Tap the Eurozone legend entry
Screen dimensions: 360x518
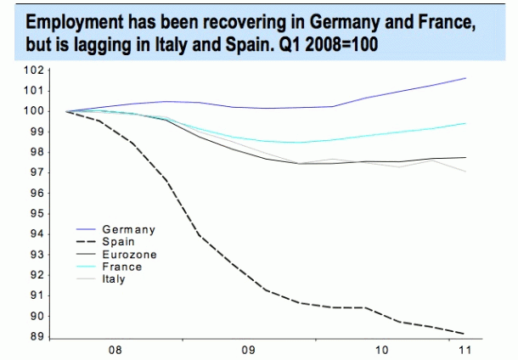(x=128, y=254)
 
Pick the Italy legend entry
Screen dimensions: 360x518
(x=114, y=278)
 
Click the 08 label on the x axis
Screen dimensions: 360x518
(x=116, y=349)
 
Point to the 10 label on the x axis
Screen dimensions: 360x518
(x=383, y=349)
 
